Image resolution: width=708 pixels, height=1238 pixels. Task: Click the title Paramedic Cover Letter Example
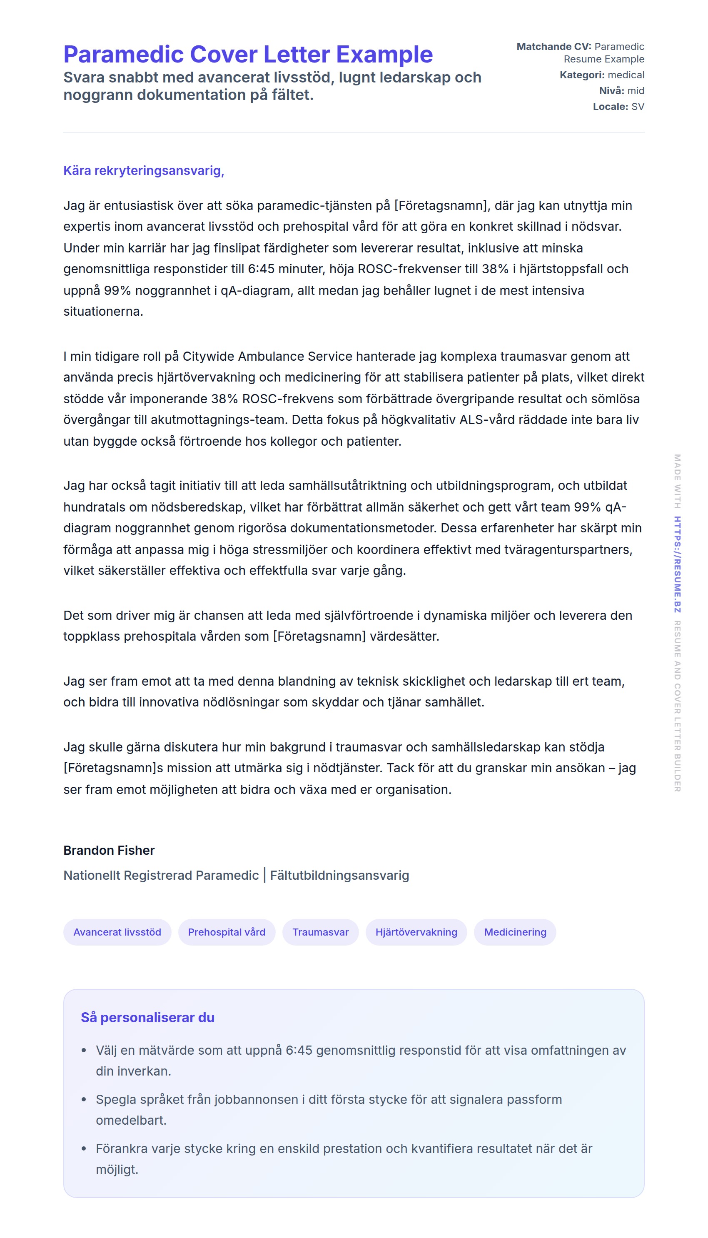[247, 55]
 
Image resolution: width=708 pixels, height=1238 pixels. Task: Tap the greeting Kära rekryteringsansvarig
[143, 171]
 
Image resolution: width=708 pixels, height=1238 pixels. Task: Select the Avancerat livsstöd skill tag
[117, 932]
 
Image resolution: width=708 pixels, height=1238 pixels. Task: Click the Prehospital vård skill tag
[227, 932]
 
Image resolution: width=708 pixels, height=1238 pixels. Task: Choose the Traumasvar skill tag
[320, 932]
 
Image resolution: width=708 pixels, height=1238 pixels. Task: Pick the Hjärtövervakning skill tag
[416, 932]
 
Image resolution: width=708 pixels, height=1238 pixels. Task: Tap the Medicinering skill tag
[515, 932]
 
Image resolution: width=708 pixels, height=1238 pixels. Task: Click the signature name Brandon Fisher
[109, 851]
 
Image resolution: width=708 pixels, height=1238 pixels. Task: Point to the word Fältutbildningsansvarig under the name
[339, 875]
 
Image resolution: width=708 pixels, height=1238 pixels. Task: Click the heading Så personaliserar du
[147, 1018]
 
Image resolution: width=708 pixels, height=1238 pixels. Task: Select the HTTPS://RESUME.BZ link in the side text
[677, 564]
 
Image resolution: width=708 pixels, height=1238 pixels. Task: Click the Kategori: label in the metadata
[581, 75]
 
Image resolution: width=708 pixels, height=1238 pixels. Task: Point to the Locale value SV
[638, 107]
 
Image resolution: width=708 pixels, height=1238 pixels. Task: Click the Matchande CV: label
[553, 47]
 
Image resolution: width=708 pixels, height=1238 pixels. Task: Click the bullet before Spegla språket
[84, 1099]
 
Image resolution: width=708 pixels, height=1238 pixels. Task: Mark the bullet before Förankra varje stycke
[84, 1148]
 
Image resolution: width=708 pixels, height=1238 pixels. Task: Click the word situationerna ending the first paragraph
[103, 312]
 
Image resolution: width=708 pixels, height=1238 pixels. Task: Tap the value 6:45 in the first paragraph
[261, 270]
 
